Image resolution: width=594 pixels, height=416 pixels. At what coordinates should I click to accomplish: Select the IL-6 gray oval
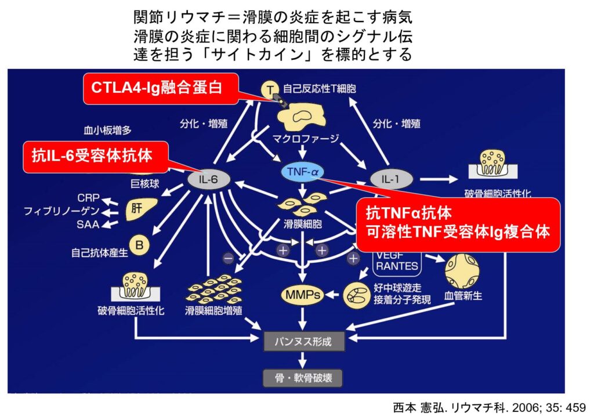208,180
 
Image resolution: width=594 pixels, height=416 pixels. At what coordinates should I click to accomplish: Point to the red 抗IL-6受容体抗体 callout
96,156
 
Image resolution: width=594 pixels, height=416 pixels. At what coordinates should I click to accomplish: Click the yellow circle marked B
139,245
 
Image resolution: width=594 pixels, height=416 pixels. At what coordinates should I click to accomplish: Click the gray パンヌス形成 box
304,341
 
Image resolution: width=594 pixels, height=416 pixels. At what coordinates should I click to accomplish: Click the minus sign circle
229,256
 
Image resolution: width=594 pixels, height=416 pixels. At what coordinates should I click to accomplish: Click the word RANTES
397,266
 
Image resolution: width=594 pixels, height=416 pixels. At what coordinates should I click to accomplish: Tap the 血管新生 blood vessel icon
461,269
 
